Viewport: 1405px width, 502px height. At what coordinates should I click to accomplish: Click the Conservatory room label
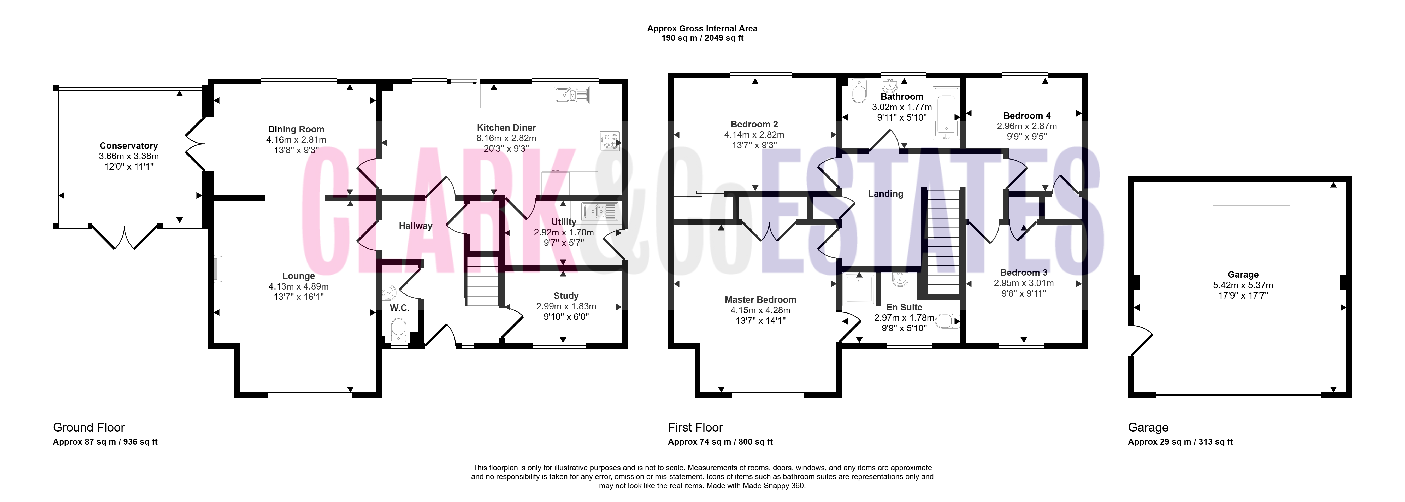tap(129, 146)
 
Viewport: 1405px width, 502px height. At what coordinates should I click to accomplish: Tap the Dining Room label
tap(296, 129)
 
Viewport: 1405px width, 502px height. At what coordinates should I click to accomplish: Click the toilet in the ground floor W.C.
tap(399, 329)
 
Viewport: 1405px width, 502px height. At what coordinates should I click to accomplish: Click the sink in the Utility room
tap(599, 211)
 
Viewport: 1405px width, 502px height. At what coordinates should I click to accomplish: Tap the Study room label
tap(566, 296)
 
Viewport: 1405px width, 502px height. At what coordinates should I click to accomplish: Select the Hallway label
tap(416, 226)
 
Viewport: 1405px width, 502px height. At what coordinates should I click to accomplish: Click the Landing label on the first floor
tap(886, 194)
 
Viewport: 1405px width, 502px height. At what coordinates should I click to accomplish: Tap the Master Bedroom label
tap(760, 300)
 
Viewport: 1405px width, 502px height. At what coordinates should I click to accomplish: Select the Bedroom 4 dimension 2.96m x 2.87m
tap(1027, 126)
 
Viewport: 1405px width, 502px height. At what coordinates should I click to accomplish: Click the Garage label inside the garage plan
tap(1243, 275)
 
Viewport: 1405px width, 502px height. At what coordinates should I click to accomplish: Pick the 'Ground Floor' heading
tap(89, 427)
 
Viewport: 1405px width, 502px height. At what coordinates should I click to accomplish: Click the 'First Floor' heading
tap(695, 427)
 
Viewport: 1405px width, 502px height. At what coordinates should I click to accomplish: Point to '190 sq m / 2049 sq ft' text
tap(703, 38)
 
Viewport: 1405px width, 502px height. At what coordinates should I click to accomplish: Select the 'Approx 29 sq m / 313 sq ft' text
tap(1180, 442)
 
